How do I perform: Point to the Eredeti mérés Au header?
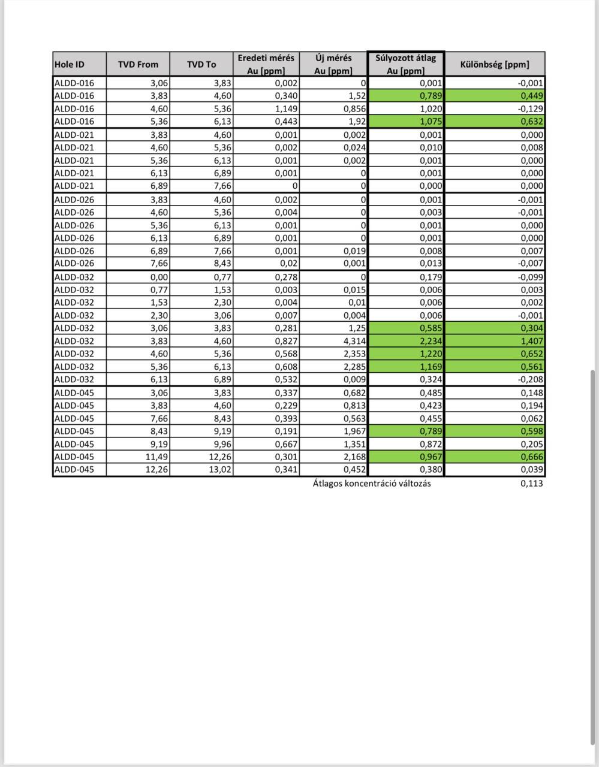266,64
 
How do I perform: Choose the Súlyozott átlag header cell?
406,64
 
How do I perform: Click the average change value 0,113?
531,484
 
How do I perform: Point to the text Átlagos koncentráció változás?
371,484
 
